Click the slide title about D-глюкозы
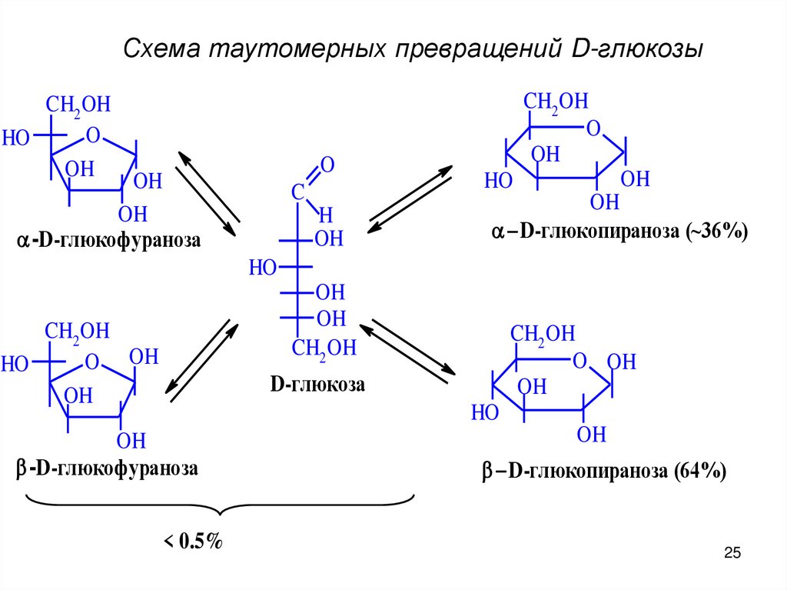click(413, 50)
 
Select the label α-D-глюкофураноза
click(108, 242)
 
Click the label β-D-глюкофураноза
click(107, 468)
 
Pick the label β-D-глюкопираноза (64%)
click(604, 472)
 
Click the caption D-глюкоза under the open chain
click(317, 385)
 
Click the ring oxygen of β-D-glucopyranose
click(580, 361)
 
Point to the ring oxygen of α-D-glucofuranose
click(93, 136)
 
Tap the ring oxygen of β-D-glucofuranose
click(93, 362)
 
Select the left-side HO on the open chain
click(263, 267)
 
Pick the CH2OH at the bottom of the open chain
click(324, 348)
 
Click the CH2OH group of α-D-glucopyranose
click(556, 102)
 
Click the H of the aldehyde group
click(326, 214)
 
